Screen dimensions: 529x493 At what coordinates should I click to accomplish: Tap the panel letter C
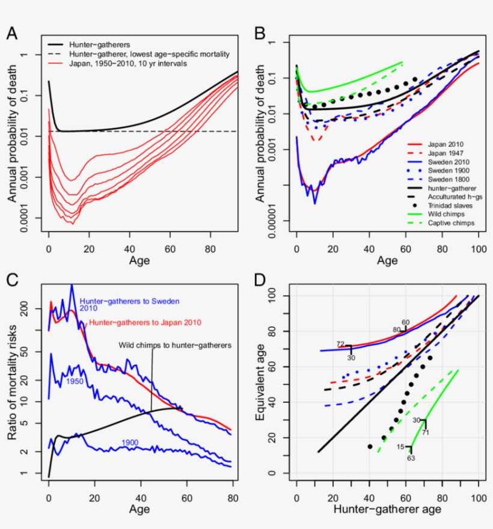(x=12, y=280)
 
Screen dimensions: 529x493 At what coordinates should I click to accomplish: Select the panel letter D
(x=260, y=280)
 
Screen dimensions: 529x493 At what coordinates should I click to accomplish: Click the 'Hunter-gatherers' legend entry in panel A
(x=99, y=44)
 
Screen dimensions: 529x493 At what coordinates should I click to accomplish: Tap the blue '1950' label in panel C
(x=75, y=381)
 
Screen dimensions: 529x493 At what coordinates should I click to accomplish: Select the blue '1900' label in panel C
(x=130, y=442)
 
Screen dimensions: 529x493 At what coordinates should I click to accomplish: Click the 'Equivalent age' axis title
(x=260, y=384)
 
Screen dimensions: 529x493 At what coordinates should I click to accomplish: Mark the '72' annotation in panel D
(x=340, y=344)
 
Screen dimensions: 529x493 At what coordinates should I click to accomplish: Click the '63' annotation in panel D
(x=411, y=458)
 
